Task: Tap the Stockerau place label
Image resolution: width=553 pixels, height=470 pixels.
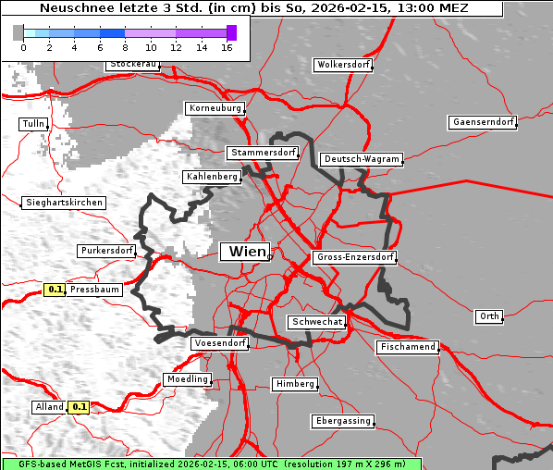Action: coord(133,65)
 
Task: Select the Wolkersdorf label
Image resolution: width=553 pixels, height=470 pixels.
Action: coord(343,65)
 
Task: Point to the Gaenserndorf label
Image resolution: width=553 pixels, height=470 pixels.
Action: coord(482,122)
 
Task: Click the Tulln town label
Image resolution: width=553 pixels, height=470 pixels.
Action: coord(32,124)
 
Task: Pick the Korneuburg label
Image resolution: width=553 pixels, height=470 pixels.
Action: coord(215,108)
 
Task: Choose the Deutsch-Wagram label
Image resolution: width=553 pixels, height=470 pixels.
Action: coord(362,159)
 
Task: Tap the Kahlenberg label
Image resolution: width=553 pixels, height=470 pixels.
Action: coord(212,176)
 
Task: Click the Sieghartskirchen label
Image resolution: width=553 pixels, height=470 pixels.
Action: coord(63,202)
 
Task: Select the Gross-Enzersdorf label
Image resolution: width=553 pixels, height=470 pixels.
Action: coord(355,257)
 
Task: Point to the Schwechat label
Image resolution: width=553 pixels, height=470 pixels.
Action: coord(316,322)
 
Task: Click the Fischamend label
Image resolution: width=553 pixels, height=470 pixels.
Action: coord(407,347)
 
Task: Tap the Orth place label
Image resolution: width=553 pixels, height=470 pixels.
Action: coord(489,316)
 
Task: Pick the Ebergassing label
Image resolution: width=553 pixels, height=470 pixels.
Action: coord(343,421)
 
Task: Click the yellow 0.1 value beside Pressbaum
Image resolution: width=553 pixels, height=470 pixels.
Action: coord(55,290)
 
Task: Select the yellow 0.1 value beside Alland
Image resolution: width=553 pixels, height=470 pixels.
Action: coord(80,406)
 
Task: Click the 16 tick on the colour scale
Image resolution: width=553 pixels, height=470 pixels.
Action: coord(226,47)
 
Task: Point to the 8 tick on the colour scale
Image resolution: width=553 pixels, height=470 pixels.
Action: coord(125,47)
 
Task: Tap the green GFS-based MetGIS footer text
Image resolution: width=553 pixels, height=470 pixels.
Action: coord(211,464)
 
